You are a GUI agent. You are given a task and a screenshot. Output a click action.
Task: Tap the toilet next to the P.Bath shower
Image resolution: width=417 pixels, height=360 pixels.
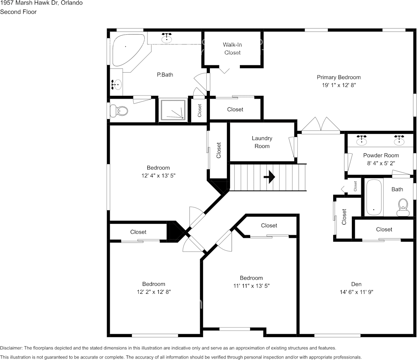[x=119, y=111]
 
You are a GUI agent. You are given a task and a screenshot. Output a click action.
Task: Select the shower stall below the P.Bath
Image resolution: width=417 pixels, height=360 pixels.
[x=173, y=110]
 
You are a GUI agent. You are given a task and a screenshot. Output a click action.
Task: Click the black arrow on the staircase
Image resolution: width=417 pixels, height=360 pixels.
[x=269, y=177]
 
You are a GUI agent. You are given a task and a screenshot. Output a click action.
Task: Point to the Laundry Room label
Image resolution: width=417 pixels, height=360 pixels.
[x=262, y=142]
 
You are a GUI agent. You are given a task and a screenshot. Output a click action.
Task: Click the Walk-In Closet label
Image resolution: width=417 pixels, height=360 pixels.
[x=232, y=49]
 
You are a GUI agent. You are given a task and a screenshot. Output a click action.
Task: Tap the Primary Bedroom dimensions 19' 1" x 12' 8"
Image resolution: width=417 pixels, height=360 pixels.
[x=339, y=85]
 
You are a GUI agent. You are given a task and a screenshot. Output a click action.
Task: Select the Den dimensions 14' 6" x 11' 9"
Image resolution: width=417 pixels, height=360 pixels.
[x=356, y=292]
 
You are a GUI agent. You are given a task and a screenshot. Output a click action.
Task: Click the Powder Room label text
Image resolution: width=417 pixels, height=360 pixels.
[x=381, y=155]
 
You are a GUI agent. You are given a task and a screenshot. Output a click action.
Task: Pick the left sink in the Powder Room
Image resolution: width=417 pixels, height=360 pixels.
[x=362, y=140]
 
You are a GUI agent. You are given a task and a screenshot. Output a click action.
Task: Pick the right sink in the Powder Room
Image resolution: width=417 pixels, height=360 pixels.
[x=399, y=140]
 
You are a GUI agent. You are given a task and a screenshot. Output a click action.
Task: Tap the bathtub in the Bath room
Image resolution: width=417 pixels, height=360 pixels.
[x=374, y=197]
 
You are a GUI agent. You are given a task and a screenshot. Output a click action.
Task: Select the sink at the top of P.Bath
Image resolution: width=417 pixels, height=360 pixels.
[x=167, y=38]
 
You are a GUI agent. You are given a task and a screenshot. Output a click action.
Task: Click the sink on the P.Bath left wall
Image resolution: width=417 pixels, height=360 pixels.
[x=117, y=85]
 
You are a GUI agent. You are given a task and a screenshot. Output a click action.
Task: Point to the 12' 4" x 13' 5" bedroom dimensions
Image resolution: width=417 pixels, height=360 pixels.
[x=158, y=175]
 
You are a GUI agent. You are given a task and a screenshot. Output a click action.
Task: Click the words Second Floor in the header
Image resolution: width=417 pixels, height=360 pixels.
[x=18, y=12]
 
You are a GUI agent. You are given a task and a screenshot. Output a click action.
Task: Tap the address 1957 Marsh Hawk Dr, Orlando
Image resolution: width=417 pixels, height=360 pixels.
[x=41, y=3]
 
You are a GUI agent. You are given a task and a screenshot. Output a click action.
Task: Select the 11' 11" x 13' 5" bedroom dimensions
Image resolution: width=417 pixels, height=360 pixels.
[x=251, y=286]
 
